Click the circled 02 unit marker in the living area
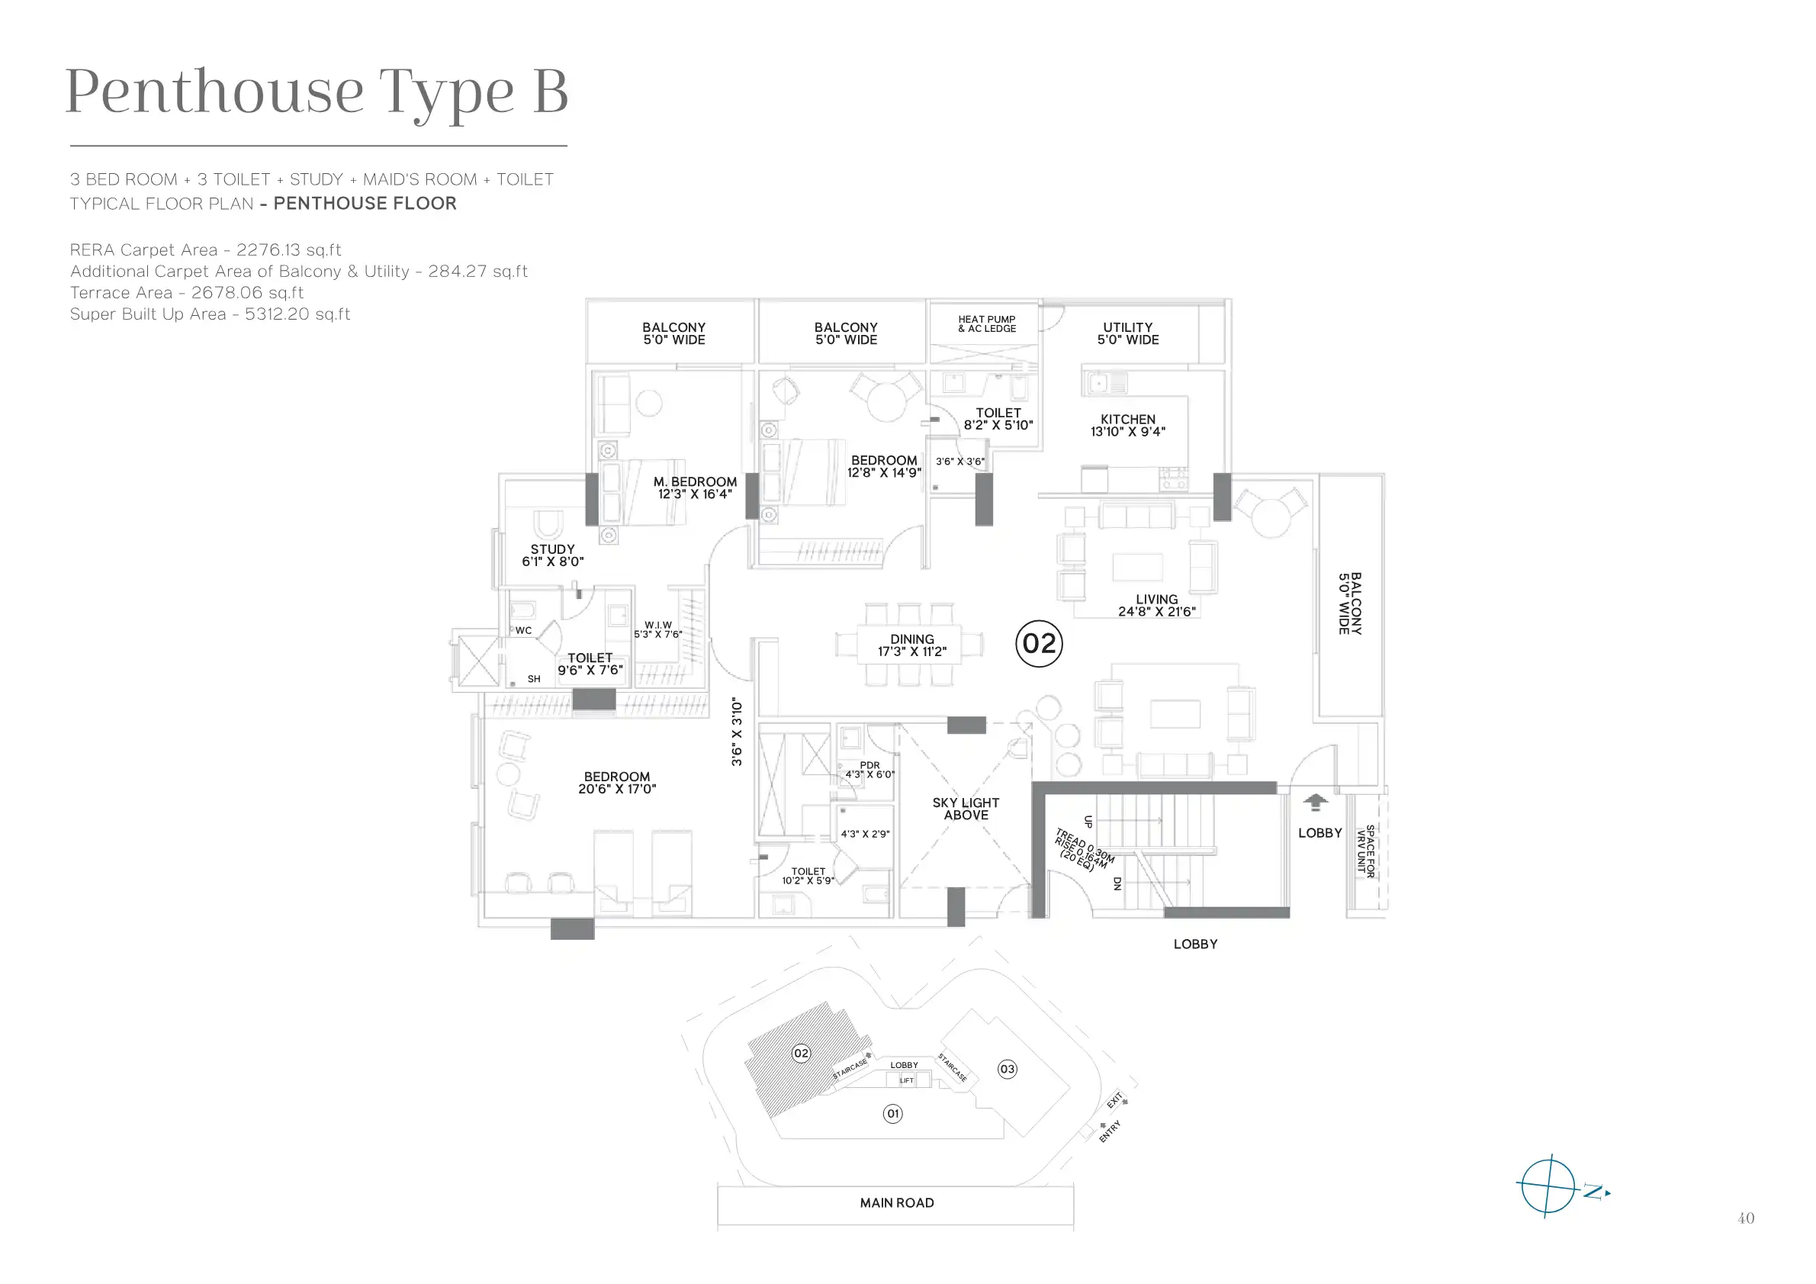pos(1039,643)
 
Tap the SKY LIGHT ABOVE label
pos(966,809)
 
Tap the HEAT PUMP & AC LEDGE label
pos(987,323)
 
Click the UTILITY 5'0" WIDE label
pos(1128,333)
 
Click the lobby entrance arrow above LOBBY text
pos(1316,802)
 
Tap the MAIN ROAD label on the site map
pos(897,1202)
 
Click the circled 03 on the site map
pos(1007,1069)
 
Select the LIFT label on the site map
pos(906,1080)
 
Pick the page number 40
pos(1746,1218)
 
